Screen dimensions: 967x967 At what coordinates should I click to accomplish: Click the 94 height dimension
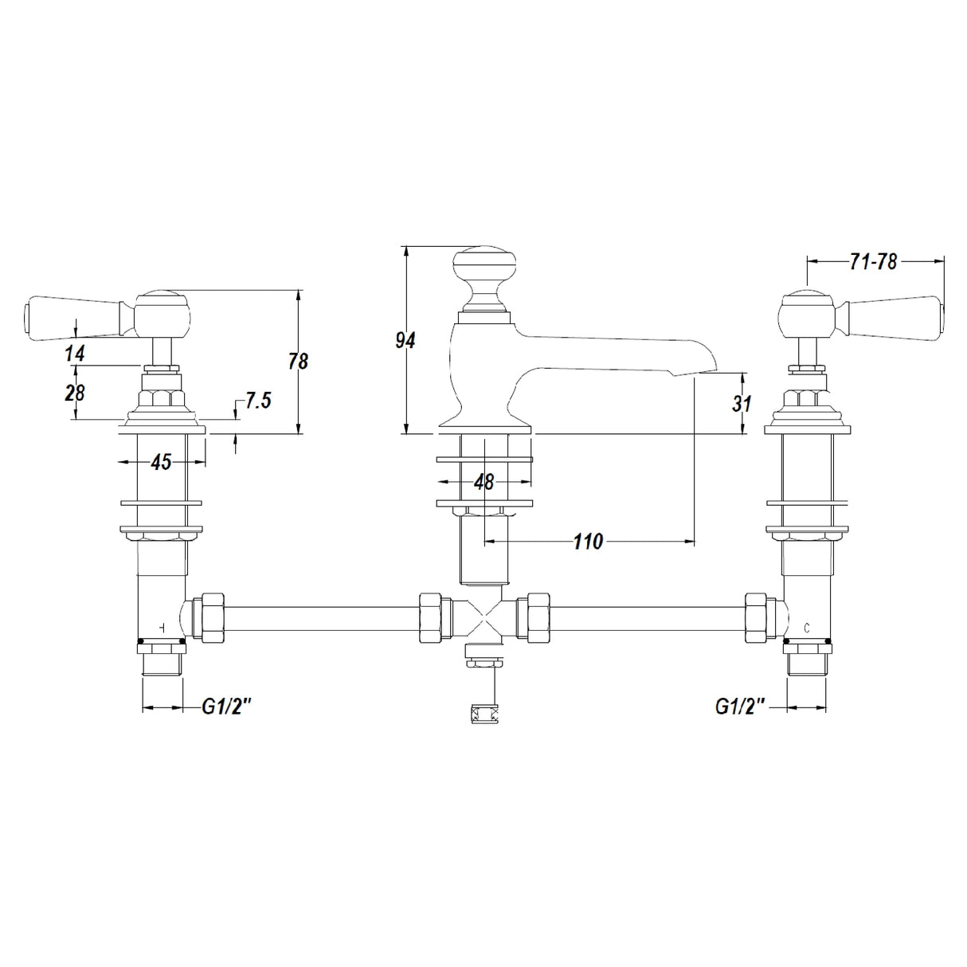[x=405, y=341]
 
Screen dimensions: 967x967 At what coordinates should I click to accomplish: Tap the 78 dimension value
[x=298, y=362]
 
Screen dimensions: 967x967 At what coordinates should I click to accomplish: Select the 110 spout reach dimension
[x=588, y=542]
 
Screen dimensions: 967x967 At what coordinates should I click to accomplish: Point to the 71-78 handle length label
[x=874, y=261]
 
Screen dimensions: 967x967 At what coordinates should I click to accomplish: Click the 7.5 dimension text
[x=258, y=401]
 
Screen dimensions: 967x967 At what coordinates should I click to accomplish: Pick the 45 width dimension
[x=161, y=462]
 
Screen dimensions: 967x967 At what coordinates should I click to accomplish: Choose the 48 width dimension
[x=483, y=482]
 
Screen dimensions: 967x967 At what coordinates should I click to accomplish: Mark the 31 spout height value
[x=742, y=404]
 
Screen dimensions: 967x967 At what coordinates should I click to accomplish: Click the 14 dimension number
[x=75, y=354]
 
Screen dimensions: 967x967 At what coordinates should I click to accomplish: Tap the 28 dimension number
[x=75, y=392]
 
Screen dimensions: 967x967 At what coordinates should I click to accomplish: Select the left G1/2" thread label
[x=225, y=707]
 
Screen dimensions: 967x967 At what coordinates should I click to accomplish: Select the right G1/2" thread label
[x=740, y=707]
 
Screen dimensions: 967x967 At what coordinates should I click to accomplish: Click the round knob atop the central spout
[x=483, y=264]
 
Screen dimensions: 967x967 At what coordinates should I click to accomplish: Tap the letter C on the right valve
[x=806, y=628]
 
